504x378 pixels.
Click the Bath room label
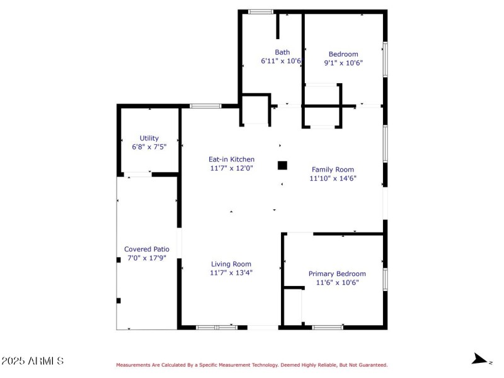[282, 52]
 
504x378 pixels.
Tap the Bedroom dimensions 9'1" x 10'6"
[343, 63]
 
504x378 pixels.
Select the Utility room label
[149, 138]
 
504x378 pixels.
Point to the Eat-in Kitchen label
[232, 159]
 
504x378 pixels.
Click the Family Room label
[333, 169]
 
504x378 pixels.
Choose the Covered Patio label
[146, 249]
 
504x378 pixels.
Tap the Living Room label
[231, 264]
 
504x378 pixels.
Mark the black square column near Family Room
[282, 166]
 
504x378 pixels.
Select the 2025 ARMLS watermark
[32, 361]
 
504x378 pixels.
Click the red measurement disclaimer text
[251, 365]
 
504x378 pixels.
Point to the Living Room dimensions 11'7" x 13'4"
[231, 273]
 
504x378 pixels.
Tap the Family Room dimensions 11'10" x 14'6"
[333, 178]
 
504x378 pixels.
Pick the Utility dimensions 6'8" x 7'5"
[149, 147]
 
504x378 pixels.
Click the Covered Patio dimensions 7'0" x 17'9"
[146, 258]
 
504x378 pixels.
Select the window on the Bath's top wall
[260, 11]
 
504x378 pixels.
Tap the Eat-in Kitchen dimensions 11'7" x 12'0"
[232, 168]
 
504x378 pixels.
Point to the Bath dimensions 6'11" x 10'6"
[282, 62]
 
